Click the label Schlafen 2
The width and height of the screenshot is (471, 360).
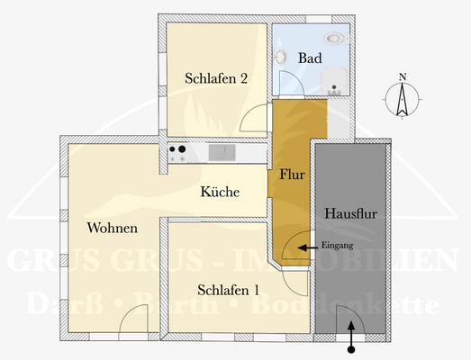pos(216,77)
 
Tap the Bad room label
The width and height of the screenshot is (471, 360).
pos(311,58)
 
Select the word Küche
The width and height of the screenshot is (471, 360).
pos(219,192)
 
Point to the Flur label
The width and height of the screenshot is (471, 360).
pos(292,174)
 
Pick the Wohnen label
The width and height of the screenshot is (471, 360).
pos(112,227)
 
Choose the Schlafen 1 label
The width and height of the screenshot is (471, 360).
pos(229,290)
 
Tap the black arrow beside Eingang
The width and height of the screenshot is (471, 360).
pos(307,246)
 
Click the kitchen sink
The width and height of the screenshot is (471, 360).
pos(222,153)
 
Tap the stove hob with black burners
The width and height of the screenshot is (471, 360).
pos(178,154)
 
